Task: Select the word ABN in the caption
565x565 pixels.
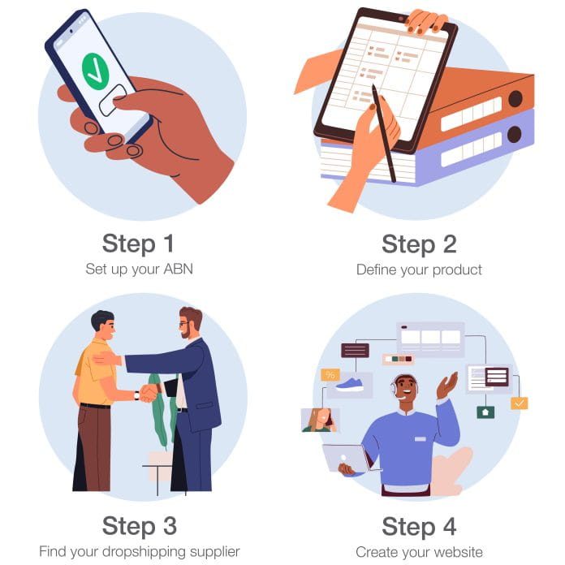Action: coord(176,269)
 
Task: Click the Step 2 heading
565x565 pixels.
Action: coord(419,244)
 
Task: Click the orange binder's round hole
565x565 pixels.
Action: coord(515,98)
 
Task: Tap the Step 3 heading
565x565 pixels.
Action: coord(139,525)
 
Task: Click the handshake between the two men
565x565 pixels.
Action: coord(148,393)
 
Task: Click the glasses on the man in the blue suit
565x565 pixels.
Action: coord(186,324)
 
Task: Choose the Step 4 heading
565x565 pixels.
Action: coord(419,525)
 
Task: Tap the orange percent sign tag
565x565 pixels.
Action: coord(330,375)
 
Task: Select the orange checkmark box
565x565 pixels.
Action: coord(519,403)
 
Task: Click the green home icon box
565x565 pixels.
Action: coord(485,412)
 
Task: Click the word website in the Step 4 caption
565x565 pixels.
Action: coord(456,551)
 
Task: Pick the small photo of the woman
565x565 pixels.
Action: coord(320,420)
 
